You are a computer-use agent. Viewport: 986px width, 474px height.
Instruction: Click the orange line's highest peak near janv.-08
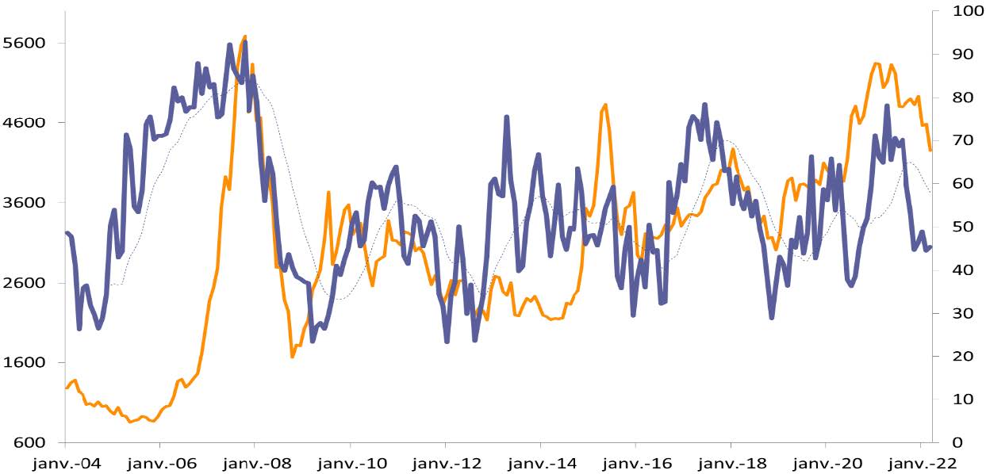pos(244,36)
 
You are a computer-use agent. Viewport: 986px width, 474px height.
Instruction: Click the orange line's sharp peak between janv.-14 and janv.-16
pos(605,105)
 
